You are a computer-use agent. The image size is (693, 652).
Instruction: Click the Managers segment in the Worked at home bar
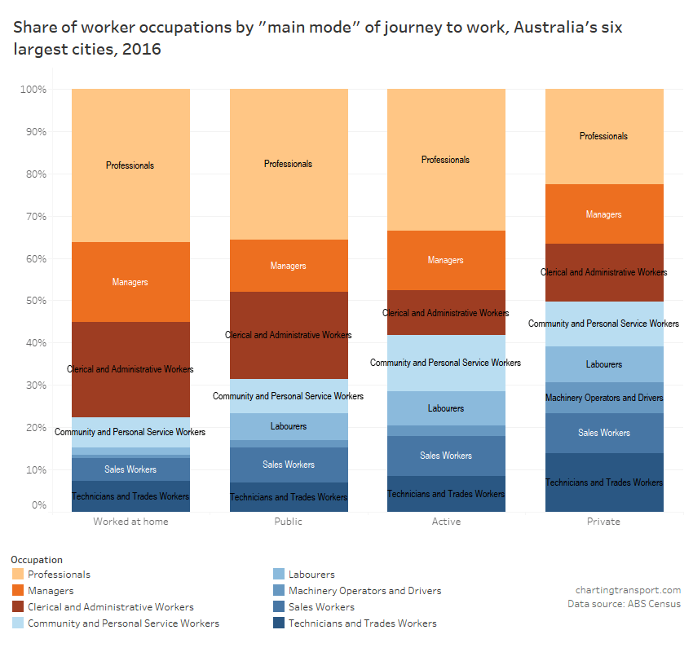tap(130, 282)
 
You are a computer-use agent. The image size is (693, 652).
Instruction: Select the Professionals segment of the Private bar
tap(604, 136)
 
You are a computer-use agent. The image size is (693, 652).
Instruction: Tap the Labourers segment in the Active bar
tap(446, 408)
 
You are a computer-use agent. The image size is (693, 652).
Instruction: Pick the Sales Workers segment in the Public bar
tap(289, 465)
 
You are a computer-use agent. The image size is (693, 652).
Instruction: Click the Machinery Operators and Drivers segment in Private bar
tap(604, 398)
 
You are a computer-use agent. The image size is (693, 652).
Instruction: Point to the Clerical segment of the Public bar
tap(289, 335)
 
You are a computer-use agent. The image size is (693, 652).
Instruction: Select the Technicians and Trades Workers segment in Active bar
tap(446, 494)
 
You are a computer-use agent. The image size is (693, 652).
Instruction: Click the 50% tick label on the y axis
tap(36, 301)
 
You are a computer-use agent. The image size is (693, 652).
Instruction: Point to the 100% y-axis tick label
tap(33, 89)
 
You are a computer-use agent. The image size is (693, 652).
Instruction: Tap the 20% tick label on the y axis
tap(36, 427)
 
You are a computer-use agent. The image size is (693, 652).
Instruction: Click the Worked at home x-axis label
tap(130, 522)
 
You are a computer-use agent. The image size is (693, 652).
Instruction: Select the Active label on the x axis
tap(446, 522)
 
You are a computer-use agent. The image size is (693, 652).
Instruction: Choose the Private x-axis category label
tap(604, 522)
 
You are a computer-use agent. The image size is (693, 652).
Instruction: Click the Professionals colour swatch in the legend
tap(17, 575)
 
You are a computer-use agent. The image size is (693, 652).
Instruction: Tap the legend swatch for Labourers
tap(278, 575)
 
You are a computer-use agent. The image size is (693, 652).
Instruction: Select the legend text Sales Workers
tap(321, 607)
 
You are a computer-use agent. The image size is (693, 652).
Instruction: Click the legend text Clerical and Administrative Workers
tap(111, 607)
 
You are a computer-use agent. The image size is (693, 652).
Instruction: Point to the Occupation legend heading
tap(37, 560)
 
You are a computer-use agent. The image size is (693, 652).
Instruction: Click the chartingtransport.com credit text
tap(628, 590)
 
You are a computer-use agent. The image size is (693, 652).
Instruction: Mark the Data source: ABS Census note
tap(624, 604)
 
